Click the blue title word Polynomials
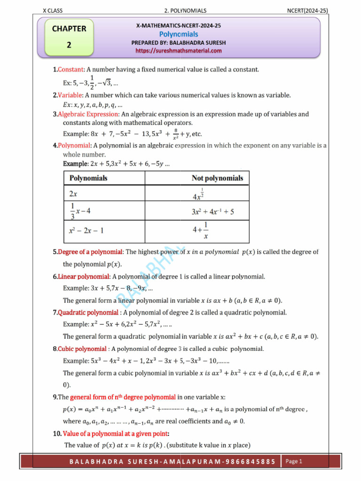[x=178, y=34]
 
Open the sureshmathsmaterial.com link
[x=178, y=50]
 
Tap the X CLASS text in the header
[x=53, y=10]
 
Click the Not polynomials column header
[x=217, y=178]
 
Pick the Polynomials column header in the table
[x=88, y=178]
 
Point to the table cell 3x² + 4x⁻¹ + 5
[x=212, y=212]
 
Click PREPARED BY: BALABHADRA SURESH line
[x=178, y=42]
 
